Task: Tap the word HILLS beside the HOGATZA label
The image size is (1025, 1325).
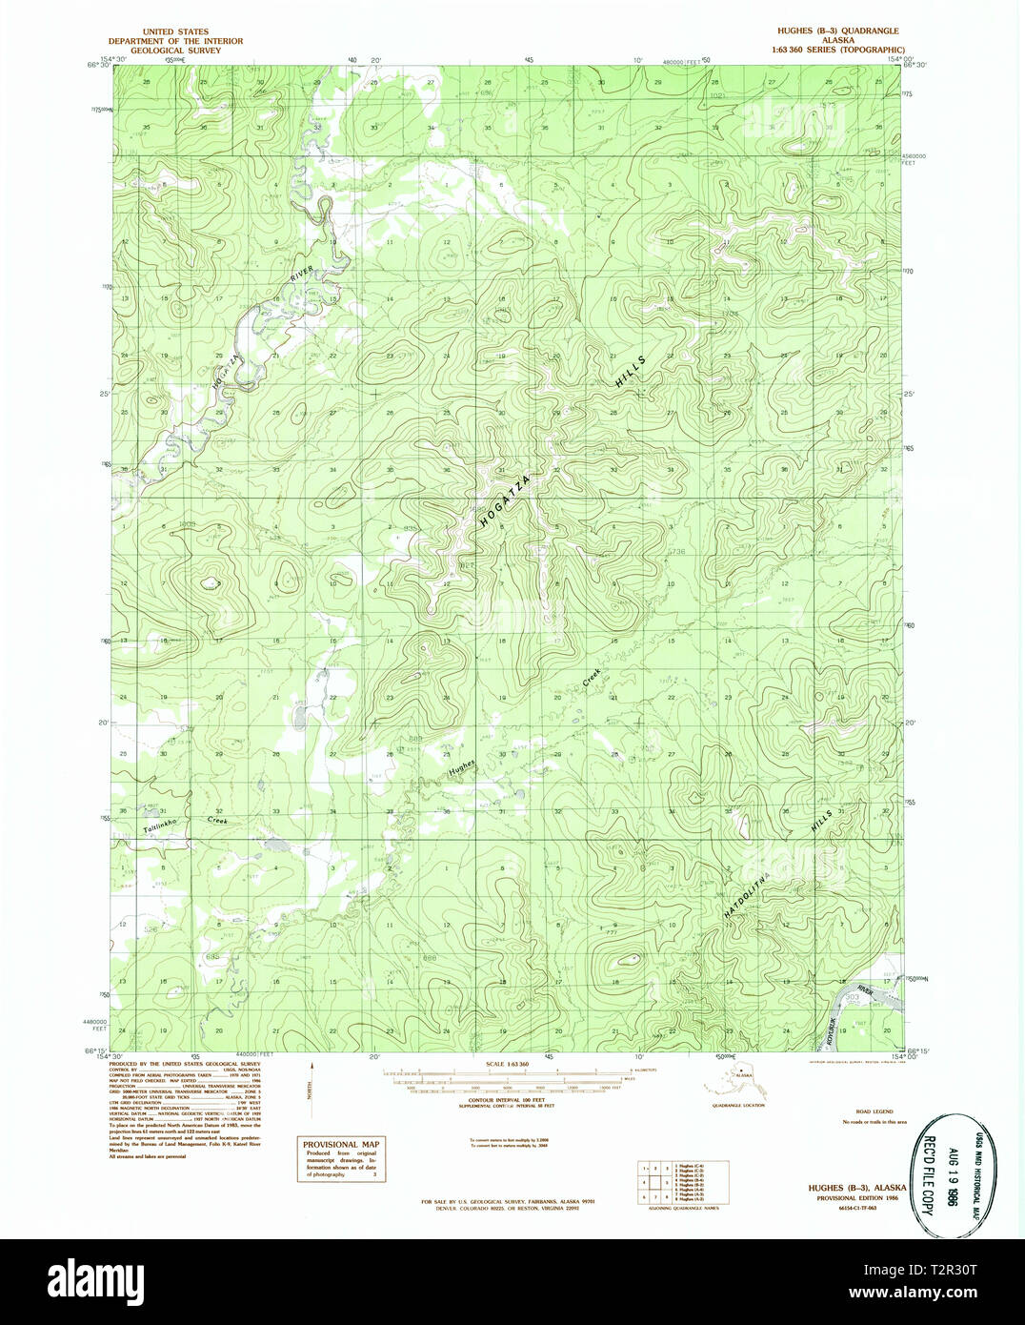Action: [x=631, y=372]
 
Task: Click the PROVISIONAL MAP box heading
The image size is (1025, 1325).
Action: [x=341, y=1145]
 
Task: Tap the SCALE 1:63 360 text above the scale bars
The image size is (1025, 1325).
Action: [x=507, y=1064]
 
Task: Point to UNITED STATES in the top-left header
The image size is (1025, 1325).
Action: [x=175, y=32]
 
